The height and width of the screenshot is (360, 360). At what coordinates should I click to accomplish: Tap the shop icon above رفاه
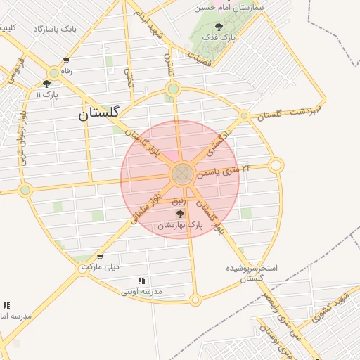click(x=66, y=60)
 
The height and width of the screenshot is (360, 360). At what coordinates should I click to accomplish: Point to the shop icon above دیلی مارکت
click(x=100, y=257)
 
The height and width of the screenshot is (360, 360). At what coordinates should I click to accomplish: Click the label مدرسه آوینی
click(x=141, y=290)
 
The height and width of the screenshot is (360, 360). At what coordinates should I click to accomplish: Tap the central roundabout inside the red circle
click(x=181, y=173)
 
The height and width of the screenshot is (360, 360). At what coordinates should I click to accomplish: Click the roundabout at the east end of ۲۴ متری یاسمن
click(x=276, y=165)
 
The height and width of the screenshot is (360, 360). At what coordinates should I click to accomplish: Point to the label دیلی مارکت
click(x=100, y=267)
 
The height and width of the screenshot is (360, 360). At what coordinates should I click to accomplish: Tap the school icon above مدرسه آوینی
click(x=141, y=281)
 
